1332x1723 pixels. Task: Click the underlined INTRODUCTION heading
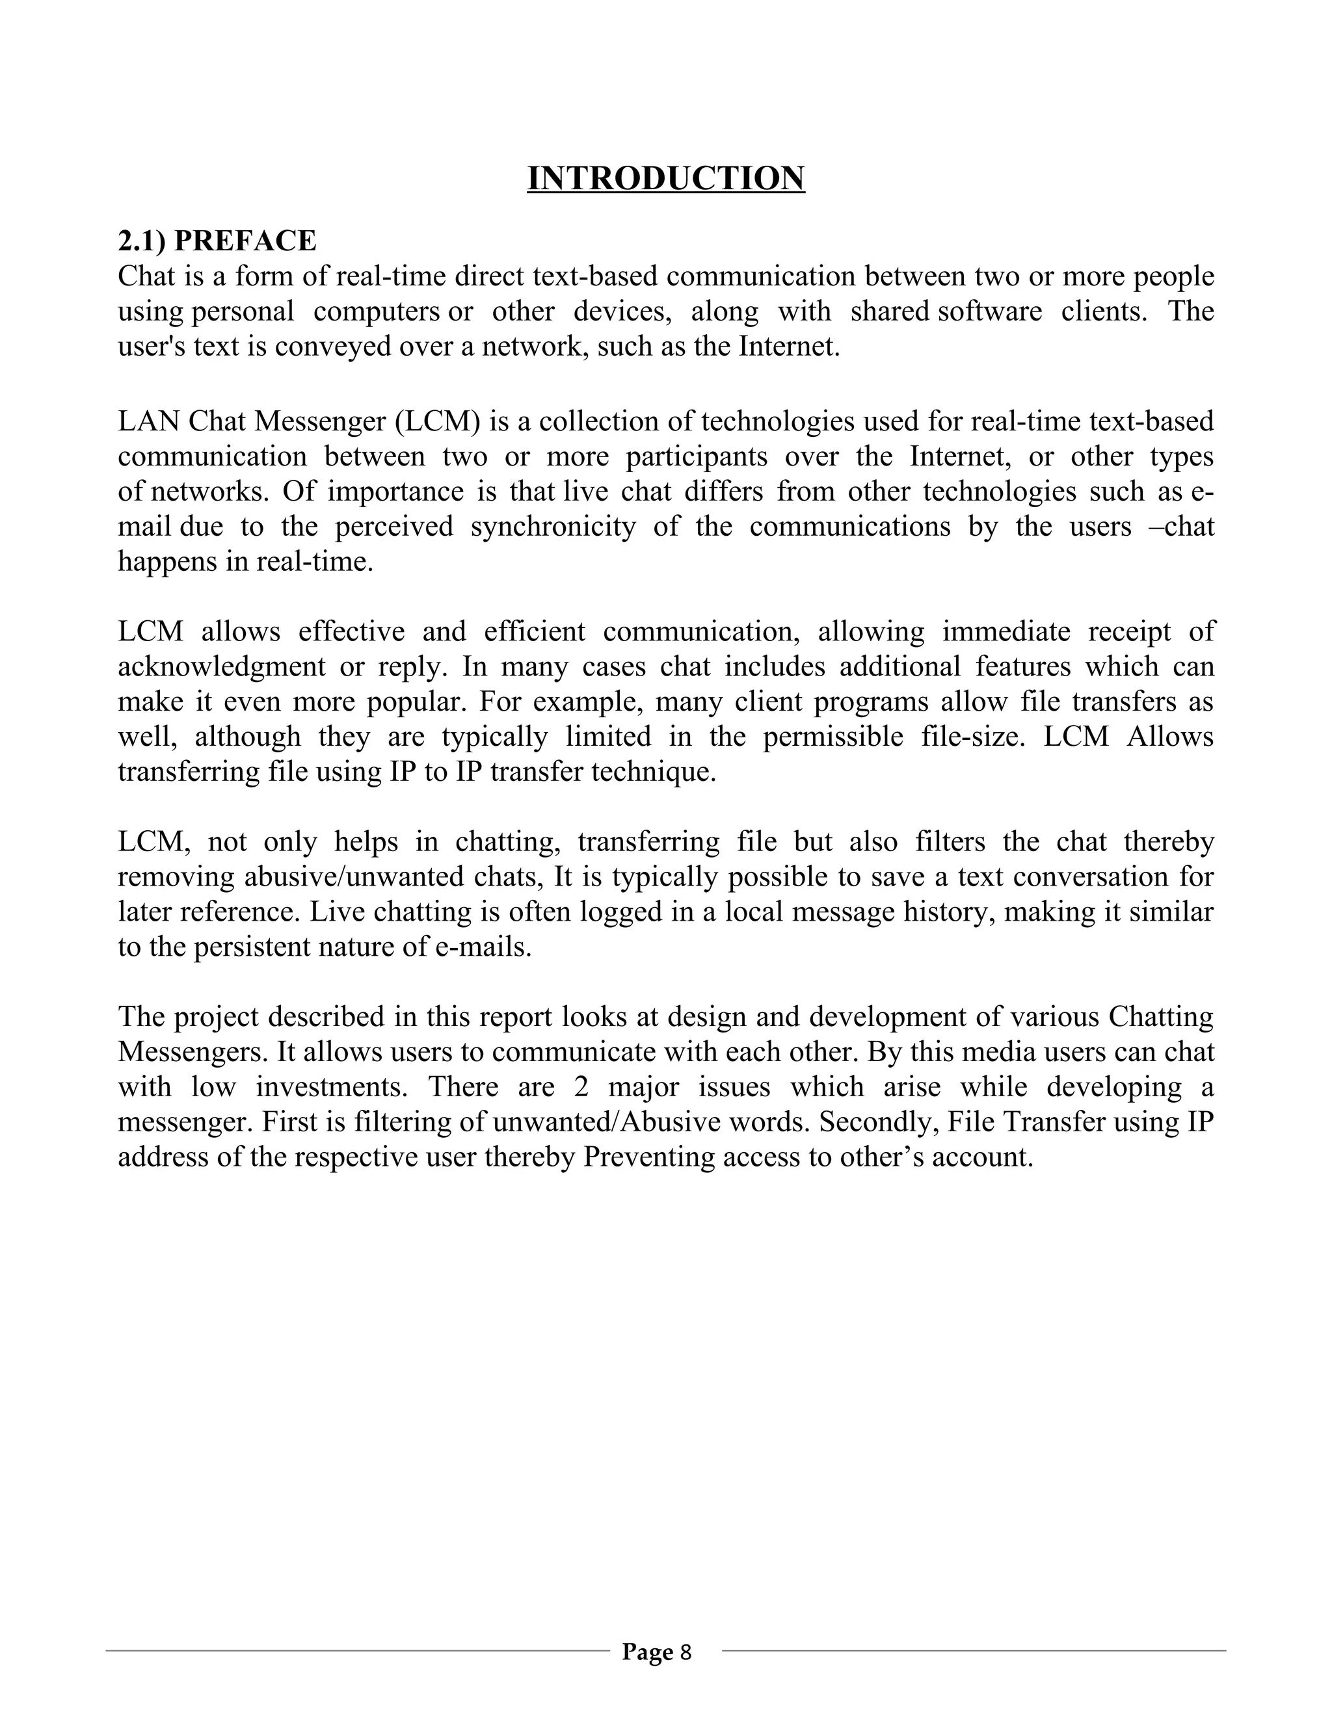tap(665, 178)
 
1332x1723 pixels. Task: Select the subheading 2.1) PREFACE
tap(217, 241)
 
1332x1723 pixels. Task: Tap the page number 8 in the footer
tap(686, 1651)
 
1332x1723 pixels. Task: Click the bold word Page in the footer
tap(647, 1651)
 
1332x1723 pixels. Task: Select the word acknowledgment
tap(221, 666)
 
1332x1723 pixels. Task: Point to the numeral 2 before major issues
tap(581, 1087)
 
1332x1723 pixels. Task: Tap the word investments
tap(332, 1087)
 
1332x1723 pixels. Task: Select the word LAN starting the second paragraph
tap(149, 421)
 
